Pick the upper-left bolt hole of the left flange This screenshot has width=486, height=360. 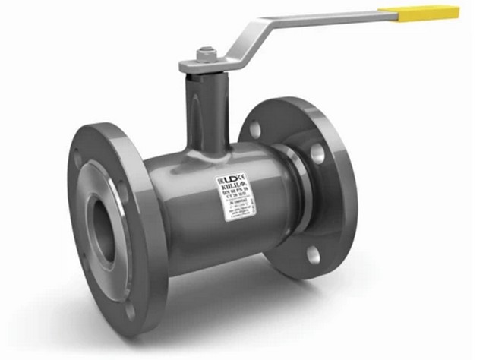[x=79, y=161]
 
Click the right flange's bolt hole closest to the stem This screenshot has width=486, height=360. [x=257, y=130]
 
